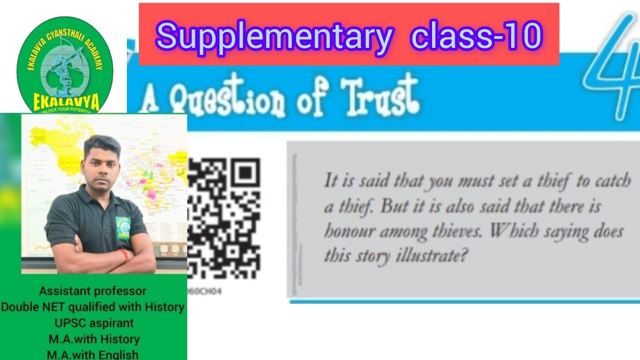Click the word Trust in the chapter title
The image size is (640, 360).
[x=380, y=96]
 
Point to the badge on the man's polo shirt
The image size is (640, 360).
[x=122, y=227]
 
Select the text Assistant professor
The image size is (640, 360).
[x=93, y=291]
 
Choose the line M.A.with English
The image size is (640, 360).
[x=93, y=354]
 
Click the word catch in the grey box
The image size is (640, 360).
[x=612, y=181]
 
